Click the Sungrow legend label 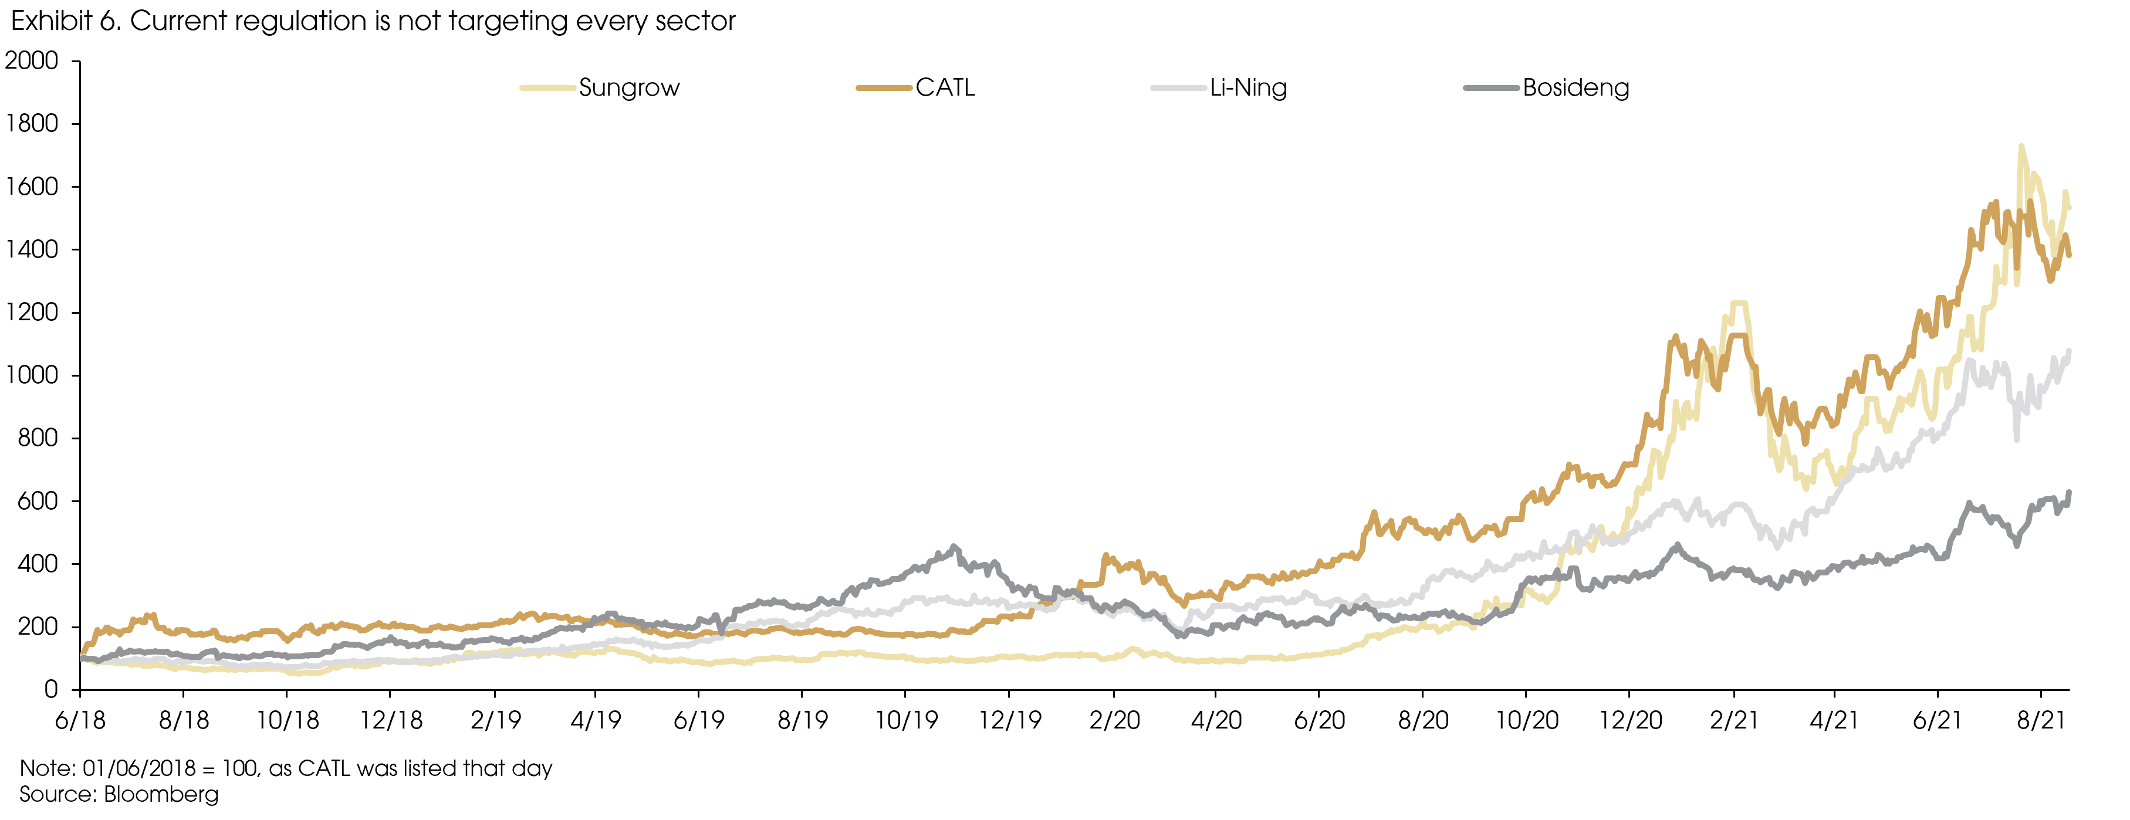point(628,87)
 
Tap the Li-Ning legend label point(1247,87)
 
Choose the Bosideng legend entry point(1575,87)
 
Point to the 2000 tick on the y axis point(32,61)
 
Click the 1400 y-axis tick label point(32,250)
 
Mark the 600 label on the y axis point(38,501)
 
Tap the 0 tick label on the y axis point(51,689)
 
